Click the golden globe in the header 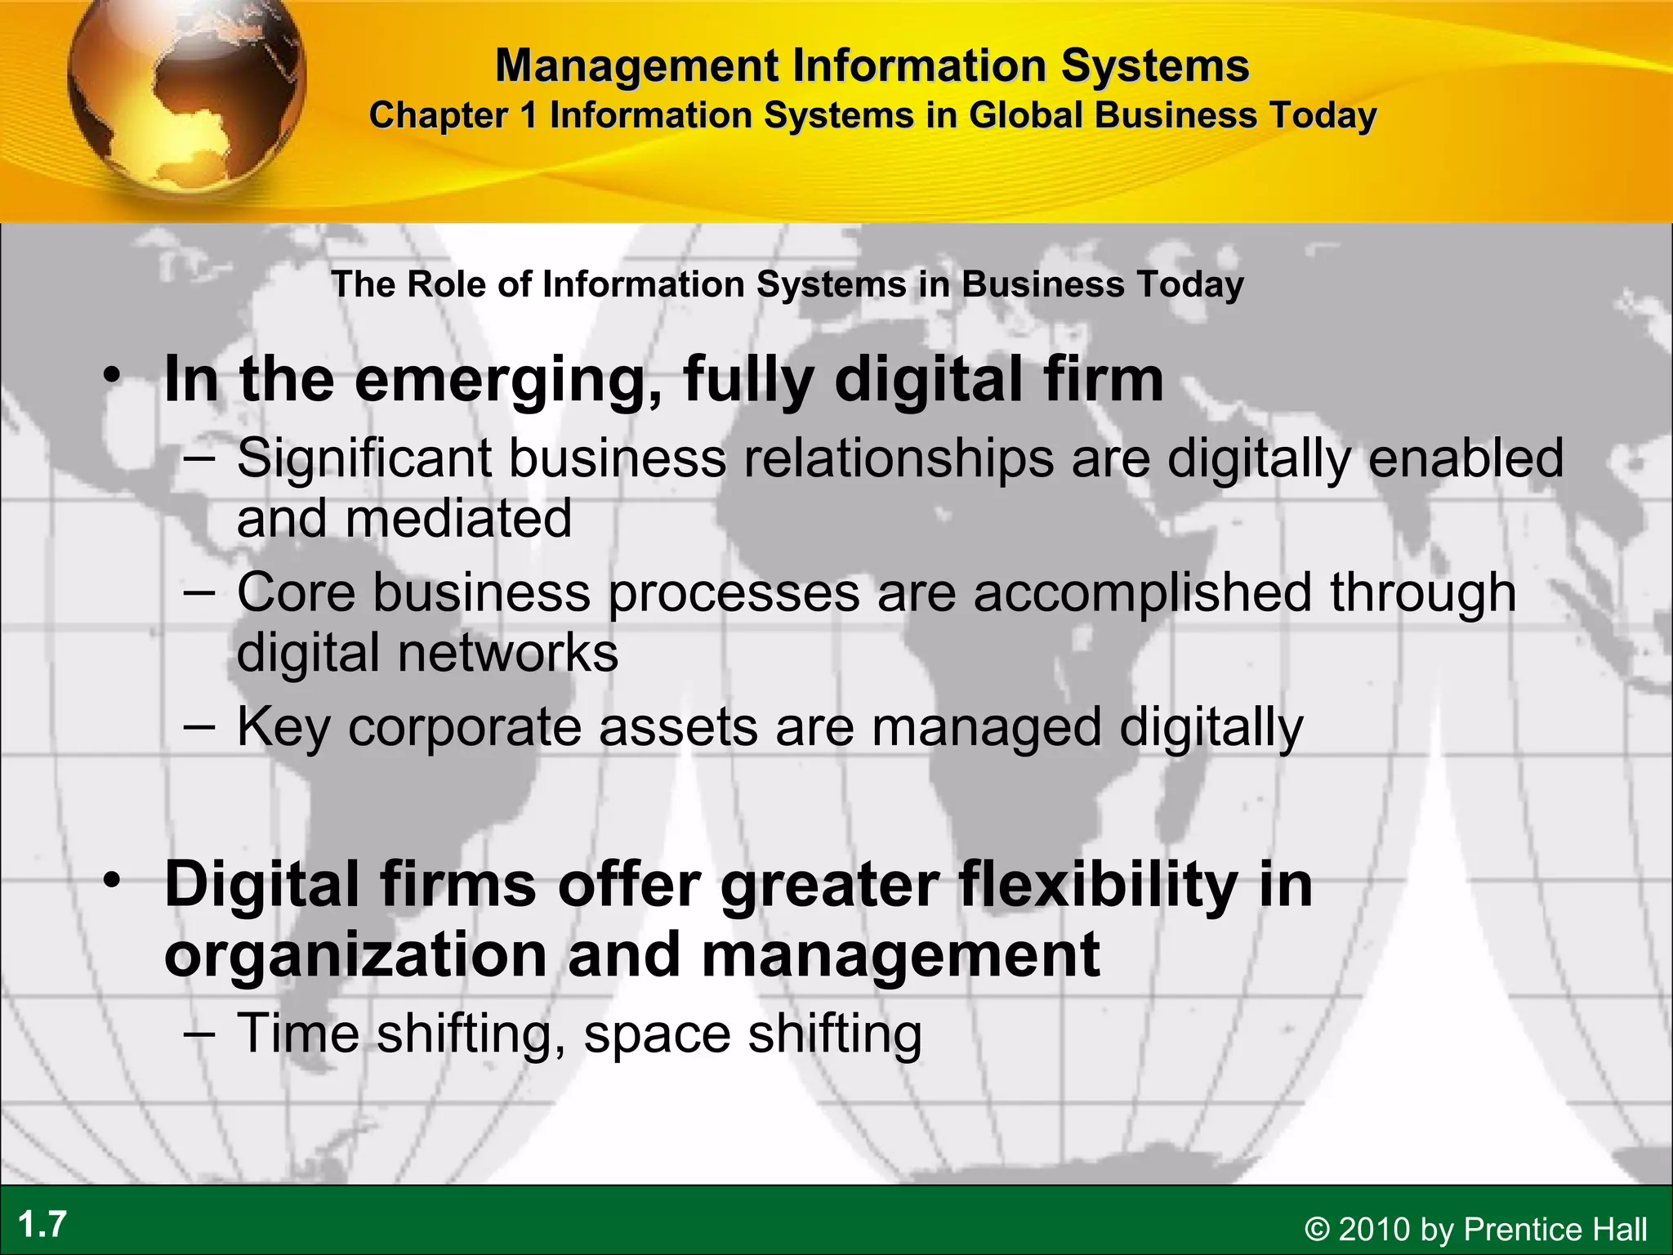[x=186, y=94]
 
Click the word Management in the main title [x=637, y=65]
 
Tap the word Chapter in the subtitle [x=439, y=116]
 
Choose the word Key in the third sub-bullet [x=283, y=727]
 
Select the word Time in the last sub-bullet [x=298, y=1034]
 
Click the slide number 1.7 [x=42, y=1225]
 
